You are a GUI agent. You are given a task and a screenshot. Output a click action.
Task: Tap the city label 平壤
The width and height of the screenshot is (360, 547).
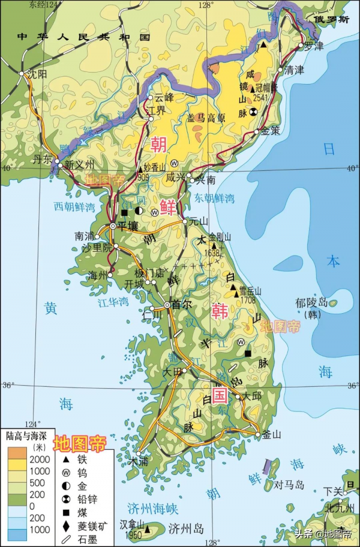pos(127,226)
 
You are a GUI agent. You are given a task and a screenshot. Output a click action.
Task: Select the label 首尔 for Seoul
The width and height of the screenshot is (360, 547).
pos(181,305)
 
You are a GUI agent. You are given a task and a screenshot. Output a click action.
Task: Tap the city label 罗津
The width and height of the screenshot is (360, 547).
pos(314,46)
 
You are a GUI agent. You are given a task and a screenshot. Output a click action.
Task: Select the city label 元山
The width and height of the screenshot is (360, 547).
pos(200,221)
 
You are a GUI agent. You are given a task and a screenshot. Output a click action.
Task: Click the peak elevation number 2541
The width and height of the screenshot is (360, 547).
pos(261,98)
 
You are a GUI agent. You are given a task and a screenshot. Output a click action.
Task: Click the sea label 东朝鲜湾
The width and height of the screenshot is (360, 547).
pos(214,198)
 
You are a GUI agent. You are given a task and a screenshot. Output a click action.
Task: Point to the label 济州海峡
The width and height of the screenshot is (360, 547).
pos(154,510)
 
